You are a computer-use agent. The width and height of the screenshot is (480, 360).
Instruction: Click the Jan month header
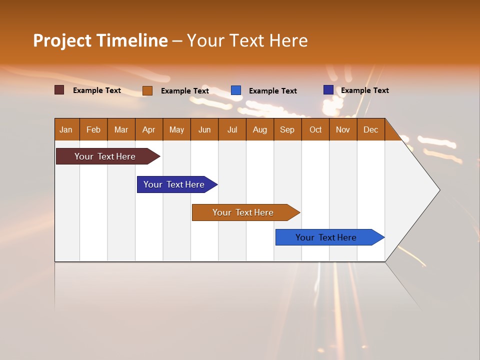click(66, 129)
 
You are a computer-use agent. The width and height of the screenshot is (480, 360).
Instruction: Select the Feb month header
click(93, 129)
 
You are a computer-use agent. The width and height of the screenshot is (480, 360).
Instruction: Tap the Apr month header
click(148, 129)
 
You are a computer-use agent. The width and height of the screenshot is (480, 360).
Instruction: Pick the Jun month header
click(204, 129)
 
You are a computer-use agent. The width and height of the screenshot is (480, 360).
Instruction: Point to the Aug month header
click(259, 129)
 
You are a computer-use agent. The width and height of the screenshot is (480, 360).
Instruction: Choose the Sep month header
click(287, 129)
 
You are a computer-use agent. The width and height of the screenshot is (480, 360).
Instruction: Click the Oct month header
click(315, 129)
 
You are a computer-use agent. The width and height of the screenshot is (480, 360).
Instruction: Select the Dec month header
click(370, 129)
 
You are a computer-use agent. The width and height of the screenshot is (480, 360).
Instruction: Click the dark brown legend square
click(59, 90)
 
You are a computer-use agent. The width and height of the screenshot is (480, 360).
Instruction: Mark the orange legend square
click(147, 90)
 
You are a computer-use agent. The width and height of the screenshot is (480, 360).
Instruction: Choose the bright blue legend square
click(236, 90)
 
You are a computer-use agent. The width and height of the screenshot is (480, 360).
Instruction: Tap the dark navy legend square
click(328, 90)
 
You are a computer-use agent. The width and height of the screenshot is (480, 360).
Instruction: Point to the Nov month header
click(342, 129)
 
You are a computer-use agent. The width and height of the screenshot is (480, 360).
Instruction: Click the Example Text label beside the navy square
click(364, 90)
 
